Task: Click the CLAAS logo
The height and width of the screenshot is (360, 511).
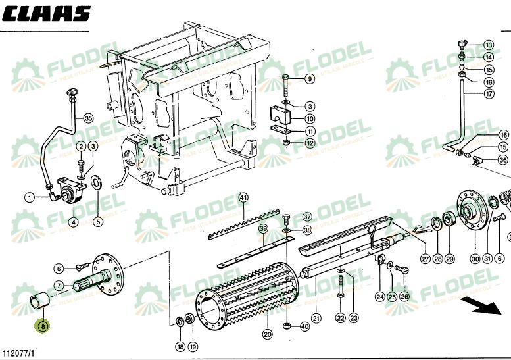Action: (46, 14)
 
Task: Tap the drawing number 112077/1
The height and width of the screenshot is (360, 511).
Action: (18, 354)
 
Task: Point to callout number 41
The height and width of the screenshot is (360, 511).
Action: (243, 197)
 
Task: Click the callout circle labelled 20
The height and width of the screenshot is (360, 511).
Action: (267, 334)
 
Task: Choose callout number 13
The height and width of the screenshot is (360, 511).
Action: (488, 45)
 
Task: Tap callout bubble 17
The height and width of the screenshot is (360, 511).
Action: (489, 94)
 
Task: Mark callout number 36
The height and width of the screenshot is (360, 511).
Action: (503, 160)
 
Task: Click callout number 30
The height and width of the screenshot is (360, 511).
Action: (475, 259)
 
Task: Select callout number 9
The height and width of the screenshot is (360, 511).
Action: (309, 80)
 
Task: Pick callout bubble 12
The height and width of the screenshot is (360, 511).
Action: (309, 143)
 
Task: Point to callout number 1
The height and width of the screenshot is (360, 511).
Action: (30, 197)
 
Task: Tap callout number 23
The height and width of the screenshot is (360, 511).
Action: (354, 318)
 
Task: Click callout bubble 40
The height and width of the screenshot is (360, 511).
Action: (304, 326)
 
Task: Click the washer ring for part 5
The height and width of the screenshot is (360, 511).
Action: (96, 182)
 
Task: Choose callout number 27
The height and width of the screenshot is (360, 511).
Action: (426, 259)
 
